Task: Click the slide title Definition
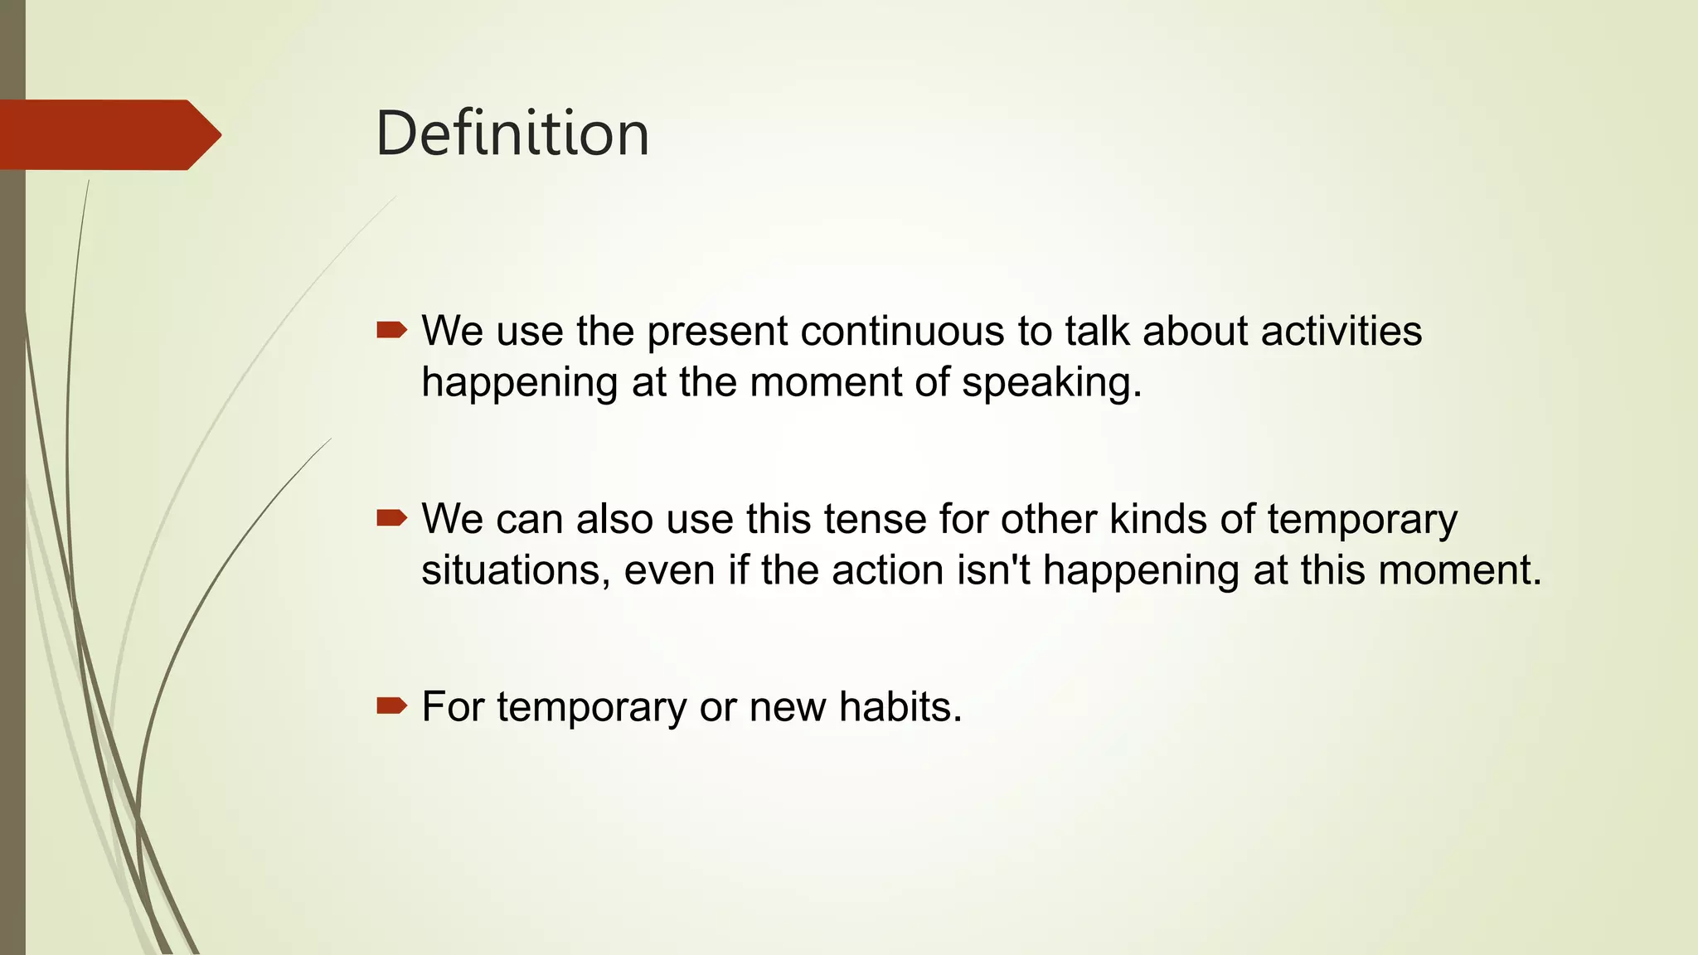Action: coord(512,133)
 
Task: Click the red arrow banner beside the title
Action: coord(108,135)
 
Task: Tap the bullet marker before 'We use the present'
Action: coord(391,331)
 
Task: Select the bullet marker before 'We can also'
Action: coord(391,519)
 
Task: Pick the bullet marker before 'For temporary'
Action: coord(391,706)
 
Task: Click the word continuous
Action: coord(902,331)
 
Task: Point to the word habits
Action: coord(900,706)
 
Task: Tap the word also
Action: coord(614,519)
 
